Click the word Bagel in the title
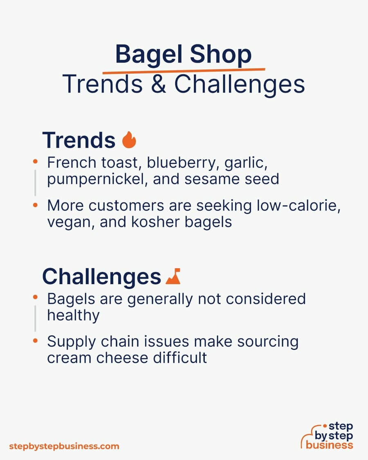tap(149, 55)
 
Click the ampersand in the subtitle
tap(159, 84)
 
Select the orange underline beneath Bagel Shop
tap(184, 70)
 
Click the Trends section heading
tap(79, 140)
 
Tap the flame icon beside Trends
tap(129, 139)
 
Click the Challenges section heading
tap(101, 276)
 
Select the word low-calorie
tap(299, 206)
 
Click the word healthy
tap(73, 316)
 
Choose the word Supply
tap(72, 342)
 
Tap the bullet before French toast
tap(35, 162)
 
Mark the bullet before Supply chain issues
tap(35, 341)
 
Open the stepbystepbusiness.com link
tap(64, 447)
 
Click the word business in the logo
tap(329, 445)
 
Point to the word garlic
tap(246, 163)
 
